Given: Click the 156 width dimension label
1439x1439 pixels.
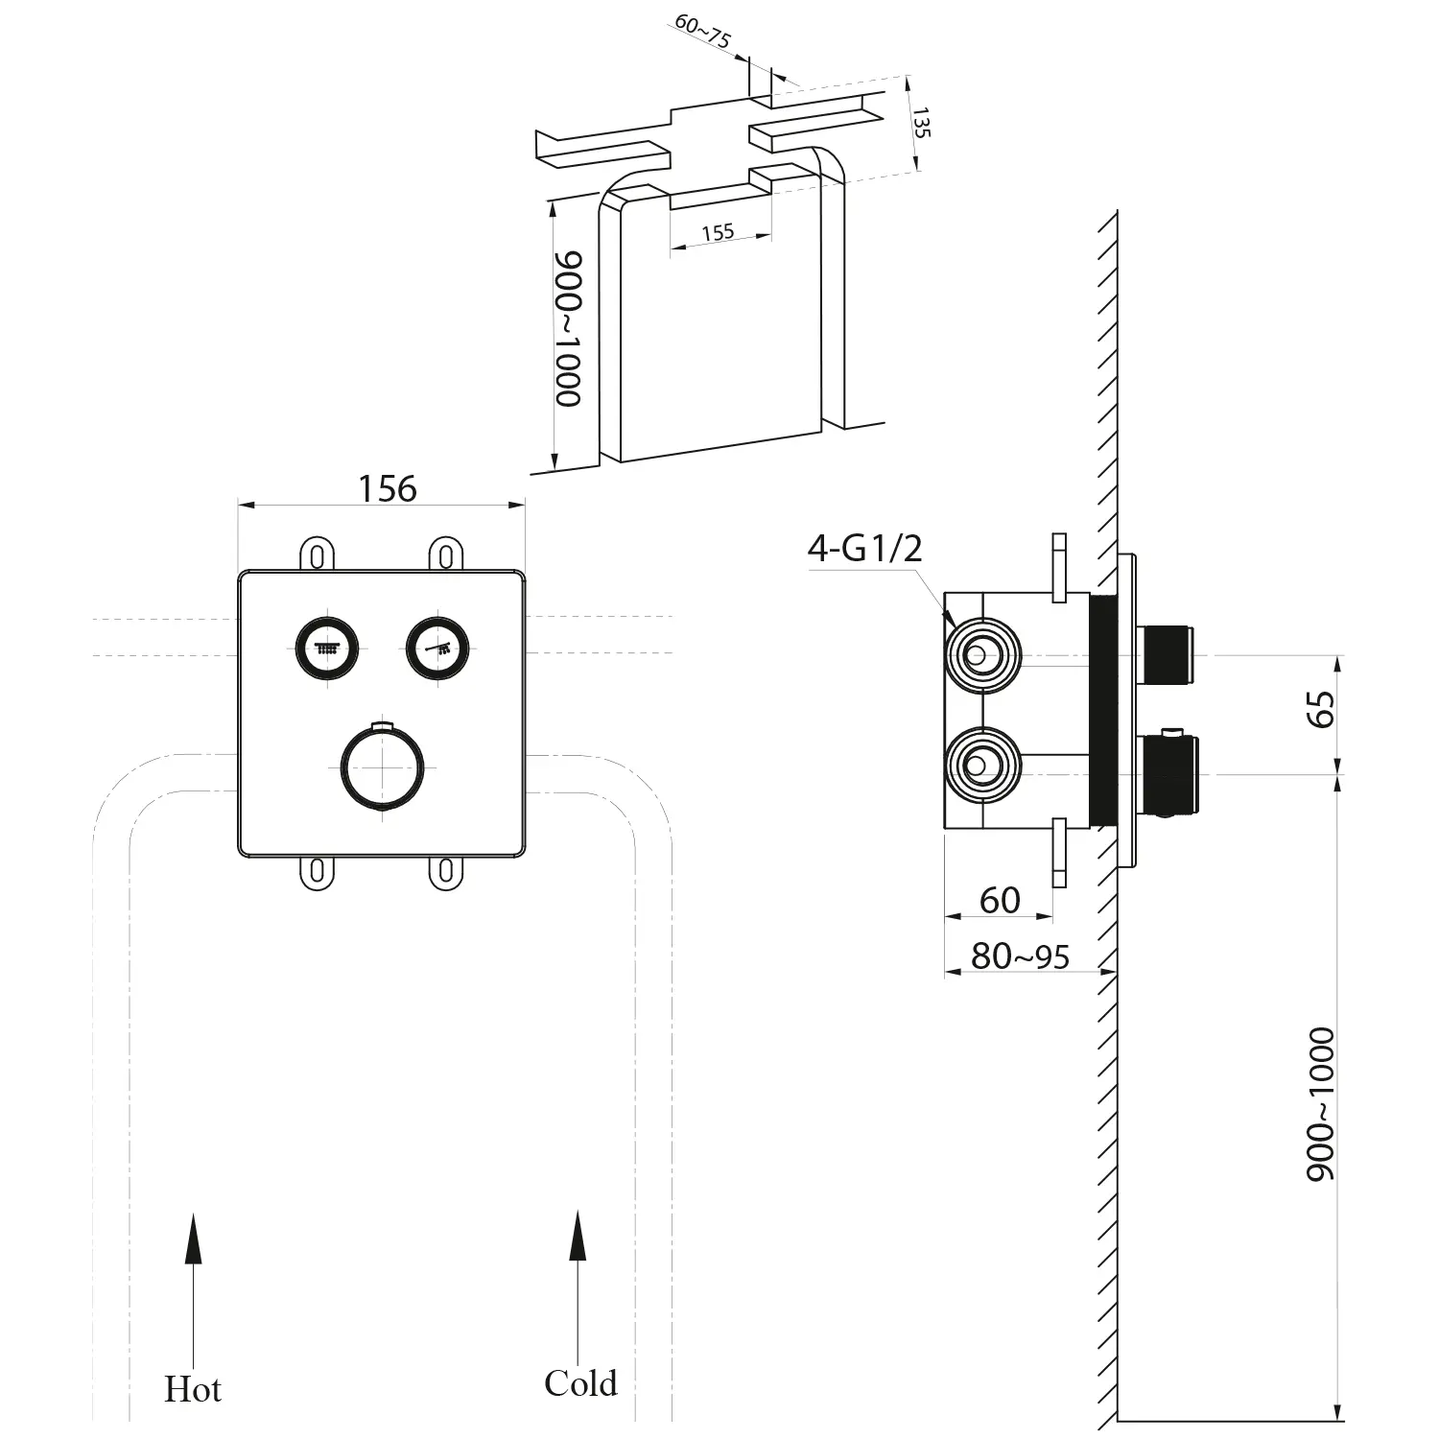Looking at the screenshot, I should (x=388, y=489).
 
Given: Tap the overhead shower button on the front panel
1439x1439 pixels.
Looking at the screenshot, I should (x=330, y=648).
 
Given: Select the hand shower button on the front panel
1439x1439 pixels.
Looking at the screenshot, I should (x=438, y=648).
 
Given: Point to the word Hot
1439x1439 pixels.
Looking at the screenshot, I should (x=193, y=1389).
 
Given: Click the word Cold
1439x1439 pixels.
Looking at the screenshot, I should (x=580, y=1382).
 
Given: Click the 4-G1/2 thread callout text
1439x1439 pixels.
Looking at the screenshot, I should (x=864, y=549).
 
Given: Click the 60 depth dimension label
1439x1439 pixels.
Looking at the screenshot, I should (x=1000, y=900).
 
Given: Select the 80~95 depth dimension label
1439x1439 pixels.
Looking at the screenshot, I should (x=1020, y=956).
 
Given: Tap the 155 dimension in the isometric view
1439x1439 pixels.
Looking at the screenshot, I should (x=718, y=232).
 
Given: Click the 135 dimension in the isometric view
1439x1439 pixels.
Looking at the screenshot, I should (x=921, y=123).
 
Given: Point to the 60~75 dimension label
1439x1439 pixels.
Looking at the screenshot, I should (x=702, y=33).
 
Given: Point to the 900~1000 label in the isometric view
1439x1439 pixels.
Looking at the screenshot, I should (x=569, y=329).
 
